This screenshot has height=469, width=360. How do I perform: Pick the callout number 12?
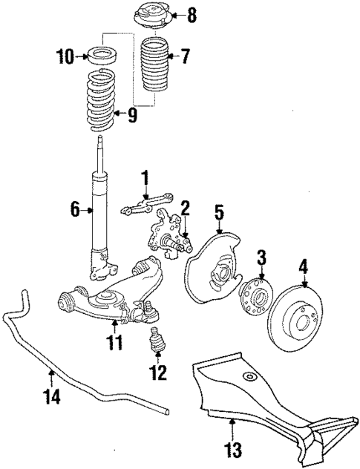coord(157,373)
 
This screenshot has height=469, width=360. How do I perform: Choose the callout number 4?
coord(302,264)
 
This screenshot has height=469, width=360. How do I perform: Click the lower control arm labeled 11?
coord(111,297)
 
